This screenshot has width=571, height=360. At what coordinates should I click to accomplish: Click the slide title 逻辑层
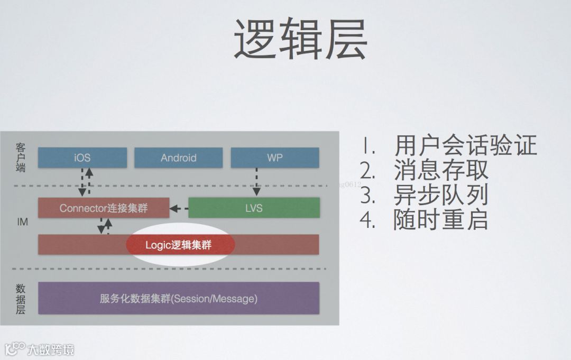pyautogui.click(x=300, y=41)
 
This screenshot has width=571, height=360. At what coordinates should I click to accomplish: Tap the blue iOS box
pyautogui.click(x=82, y=158)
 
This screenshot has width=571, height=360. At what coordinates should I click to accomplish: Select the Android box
pyautogui.click(x=178, y=158)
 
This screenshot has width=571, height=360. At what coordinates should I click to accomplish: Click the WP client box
pyautogui.click(x=274, y=158)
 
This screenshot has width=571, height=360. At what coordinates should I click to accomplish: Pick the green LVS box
pyautogui.click(x=254, y=208)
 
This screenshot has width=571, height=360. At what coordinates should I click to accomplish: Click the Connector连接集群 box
pyautogui.click(x=104, y=208)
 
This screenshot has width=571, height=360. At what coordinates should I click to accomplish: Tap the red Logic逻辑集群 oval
pyautogui.click(x=182, y=245)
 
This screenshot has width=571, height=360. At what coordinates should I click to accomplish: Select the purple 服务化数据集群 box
pyautogui.click(x=178, y=298)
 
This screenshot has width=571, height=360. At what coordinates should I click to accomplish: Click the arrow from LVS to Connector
pyautogui.click(x=179, y=209)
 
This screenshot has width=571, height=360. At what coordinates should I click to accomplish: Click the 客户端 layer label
pyautogui.click(x=21, y=157)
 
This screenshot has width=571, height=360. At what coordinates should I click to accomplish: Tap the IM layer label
pyautogui.click(x=22, y=222)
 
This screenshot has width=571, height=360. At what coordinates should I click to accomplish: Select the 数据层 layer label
pyautogui.click(x=21, y=299)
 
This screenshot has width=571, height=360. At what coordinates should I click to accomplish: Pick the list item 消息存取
pyautogui.click(x=441, y=170)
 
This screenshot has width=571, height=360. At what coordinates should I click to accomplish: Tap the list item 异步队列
pyautogui.click(x=440, y=195)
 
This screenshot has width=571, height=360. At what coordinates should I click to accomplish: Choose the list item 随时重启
pyautogui.click(x=440, y=219)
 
